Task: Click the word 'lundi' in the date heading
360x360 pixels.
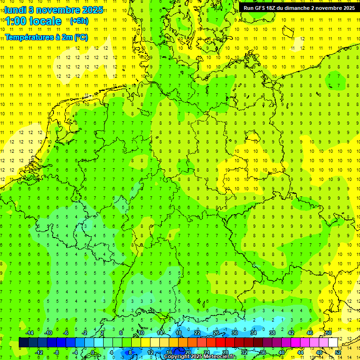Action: click(x=15, y=9)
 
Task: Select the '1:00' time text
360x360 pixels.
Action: click(x=16, y=21)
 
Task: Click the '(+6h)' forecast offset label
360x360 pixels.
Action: click(x=78, y=21)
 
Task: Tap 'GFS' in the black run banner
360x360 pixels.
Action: click(x=261, y=8)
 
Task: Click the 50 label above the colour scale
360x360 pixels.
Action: click(x=329, y=333)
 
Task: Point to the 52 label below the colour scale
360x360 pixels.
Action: click(x=338, y=352)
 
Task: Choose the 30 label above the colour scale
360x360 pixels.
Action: click(x=235, y=333)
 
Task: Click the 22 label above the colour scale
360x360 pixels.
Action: click(x=197, y=333)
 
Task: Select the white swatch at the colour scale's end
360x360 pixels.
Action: click(x=333, y=342)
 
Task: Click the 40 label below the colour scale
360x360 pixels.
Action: click(x=282, y=352)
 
